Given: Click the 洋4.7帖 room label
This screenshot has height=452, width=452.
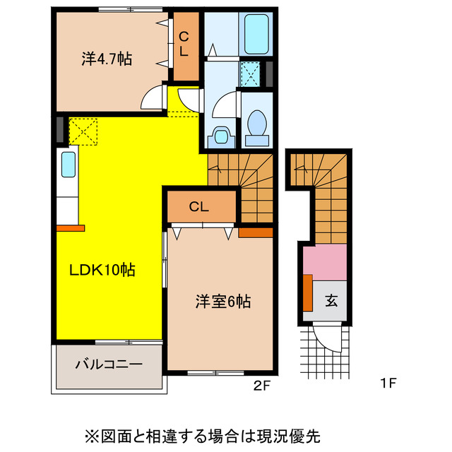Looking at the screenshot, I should tap(107, 59).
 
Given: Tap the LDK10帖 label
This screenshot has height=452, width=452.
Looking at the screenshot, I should tap(102, 269).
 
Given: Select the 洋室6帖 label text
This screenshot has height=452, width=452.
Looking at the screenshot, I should tap(222, 302).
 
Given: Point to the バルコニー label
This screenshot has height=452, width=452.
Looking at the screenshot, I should tap(109, 365).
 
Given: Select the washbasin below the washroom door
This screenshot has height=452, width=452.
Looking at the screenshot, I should tap(220, 135).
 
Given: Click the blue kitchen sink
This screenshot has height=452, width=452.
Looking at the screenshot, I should tap(69, 165).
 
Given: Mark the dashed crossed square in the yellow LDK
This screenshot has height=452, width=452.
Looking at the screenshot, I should tap(83, 131).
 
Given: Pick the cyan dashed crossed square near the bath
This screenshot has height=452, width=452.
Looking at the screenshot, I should tap(250, 73).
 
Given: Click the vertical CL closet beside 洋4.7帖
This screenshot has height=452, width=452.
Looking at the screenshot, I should tap(186, 46).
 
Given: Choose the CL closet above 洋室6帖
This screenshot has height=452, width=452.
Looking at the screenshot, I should tap(199, 206).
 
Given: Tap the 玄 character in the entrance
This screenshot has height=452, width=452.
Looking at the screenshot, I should tap(331, 300).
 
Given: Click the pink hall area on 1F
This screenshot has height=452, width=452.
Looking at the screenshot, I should tap(325, 261).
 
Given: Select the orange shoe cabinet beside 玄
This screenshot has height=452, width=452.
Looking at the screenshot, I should tap(308, 292).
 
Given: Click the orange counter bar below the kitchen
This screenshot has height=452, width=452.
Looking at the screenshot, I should tap(70, 227).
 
